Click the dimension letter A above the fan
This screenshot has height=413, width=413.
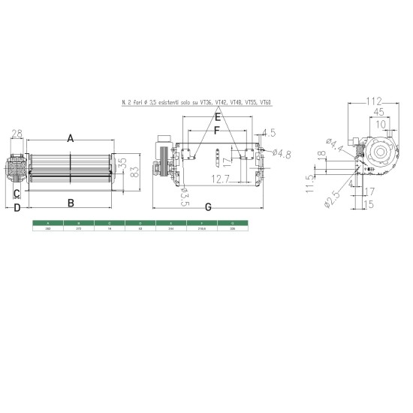tap(70, 138)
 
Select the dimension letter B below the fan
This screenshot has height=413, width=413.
tap(70, 202)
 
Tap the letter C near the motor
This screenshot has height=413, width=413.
tap(16, 192)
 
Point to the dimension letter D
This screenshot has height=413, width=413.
tap(16, 208)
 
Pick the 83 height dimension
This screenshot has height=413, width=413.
tap(134, 173)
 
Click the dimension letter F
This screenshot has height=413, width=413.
tap(217, 132)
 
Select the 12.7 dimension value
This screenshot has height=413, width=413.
tap(220, 179)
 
